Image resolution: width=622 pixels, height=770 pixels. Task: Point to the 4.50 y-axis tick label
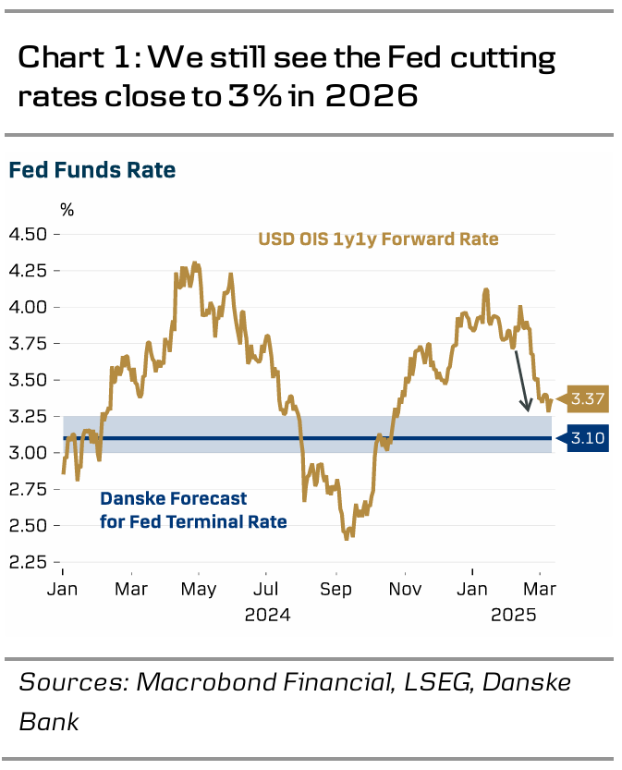[x=28, y=235]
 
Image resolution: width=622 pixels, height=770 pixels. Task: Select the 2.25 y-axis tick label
[x=28, y=562]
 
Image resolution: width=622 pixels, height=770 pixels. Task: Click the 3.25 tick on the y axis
[x=28, y=417]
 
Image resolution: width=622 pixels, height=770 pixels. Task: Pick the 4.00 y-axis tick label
[x=28, y=308]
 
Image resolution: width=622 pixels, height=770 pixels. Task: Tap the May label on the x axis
[x=199, y=589]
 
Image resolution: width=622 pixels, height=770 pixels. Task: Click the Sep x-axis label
[x=335, y=589]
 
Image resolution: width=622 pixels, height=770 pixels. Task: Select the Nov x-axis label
[x=404, y=589]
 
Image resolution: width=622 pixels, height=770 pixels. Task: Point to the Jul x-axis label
[x=266, y=589]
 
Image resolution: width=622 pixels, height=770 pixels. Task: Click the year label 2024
[x=267, y=614]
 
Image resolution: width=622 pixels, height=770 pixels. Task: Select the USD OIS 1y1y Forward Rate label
[x=378, y=239]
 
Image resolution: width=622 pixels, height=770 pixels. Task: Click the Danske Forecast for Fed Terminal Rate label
[x=192, y=510]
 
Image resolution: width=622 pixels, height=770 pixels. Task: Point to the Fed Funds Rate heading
[x=92, y=170]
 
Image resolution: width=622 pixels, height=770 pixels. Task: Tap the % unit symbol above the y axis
[x=67, y=210]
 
